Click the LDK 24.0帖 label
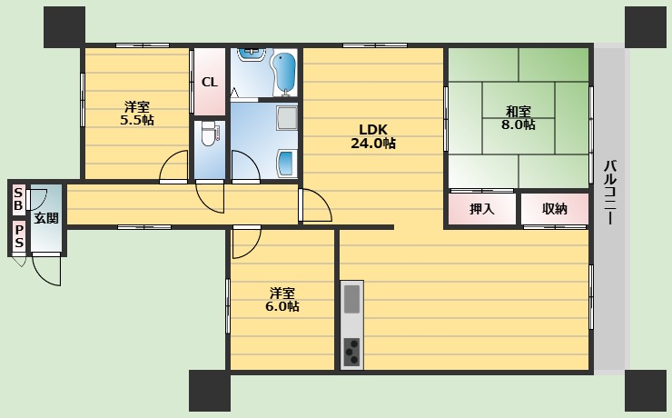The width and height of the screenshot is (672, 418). click(373, 135)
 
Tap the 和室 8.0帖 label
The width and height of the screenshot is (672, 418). click(519, 118)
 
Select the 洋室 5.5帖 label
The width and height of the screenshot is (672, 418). click(137, 112)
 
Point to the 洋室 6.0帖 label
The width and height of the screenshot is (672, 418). click(282, 299)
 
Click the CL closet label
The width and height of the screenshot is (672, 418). click(210, 82)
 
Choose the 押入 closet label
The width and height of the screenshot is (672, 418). click(481, 209)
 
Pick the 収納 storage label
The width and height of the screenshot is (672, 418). click(554, 209)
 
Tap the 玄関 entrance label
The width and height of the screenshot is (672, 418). click(46, 218)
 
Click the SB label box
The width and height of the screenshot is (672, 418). click(18, 200)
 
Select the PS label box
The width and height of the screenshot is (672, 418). click(18, 236)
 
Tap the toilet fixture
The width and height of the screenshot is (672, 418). click(210, 134)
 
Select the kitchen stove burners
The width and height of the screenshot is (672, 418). click(351, 350)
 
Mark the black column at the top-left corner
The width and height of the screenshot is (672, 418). click(64, 26)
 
